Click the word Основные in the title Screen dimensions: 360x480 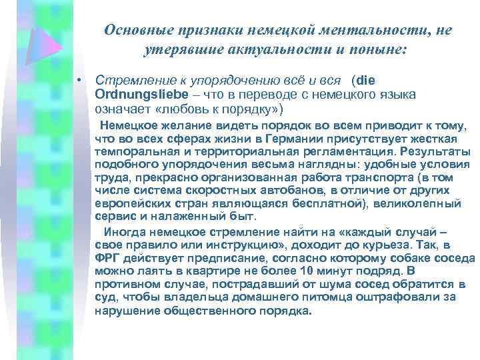(x=137, y=30)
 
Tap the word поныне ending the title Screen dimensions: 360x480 (x=373, y=49)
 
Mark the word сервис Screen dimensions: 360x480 (x=113, y=216)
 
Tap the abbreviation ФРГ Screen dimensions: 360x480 (x=107, y=259)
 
